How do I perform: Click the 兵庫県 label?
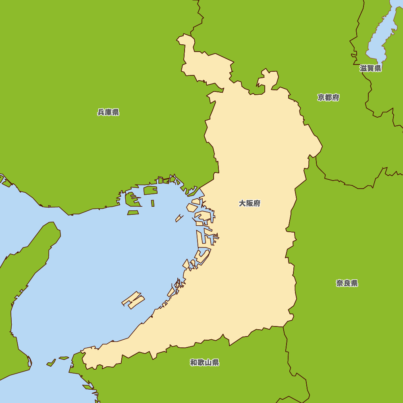tap(108, 112)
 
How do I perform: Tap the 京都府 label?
tap(328, 98)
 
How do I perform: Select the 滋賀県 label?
tap(370, 69)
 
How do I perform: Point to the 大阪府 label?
tap(249, 204)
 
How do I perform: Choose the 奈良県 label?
tap(347, 283)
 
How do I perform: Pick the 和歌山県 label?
tap(204, 363)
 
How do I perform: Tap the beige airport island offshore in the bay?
tap(133, 300)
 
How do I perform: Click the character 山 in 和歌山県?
tap(208, 363)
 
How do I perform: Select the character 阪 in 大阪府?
tap(249, 204)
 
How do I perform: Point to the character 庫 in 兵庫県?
tap(108, 112)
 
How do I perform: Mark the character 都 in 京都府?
tap(328, 98)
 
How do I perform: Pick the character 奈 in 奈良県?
tap(340, 283)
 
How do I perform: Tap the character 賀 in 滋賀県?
tap(370, 69)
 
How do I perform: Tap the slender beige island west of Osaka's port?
tap(179, 218)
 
